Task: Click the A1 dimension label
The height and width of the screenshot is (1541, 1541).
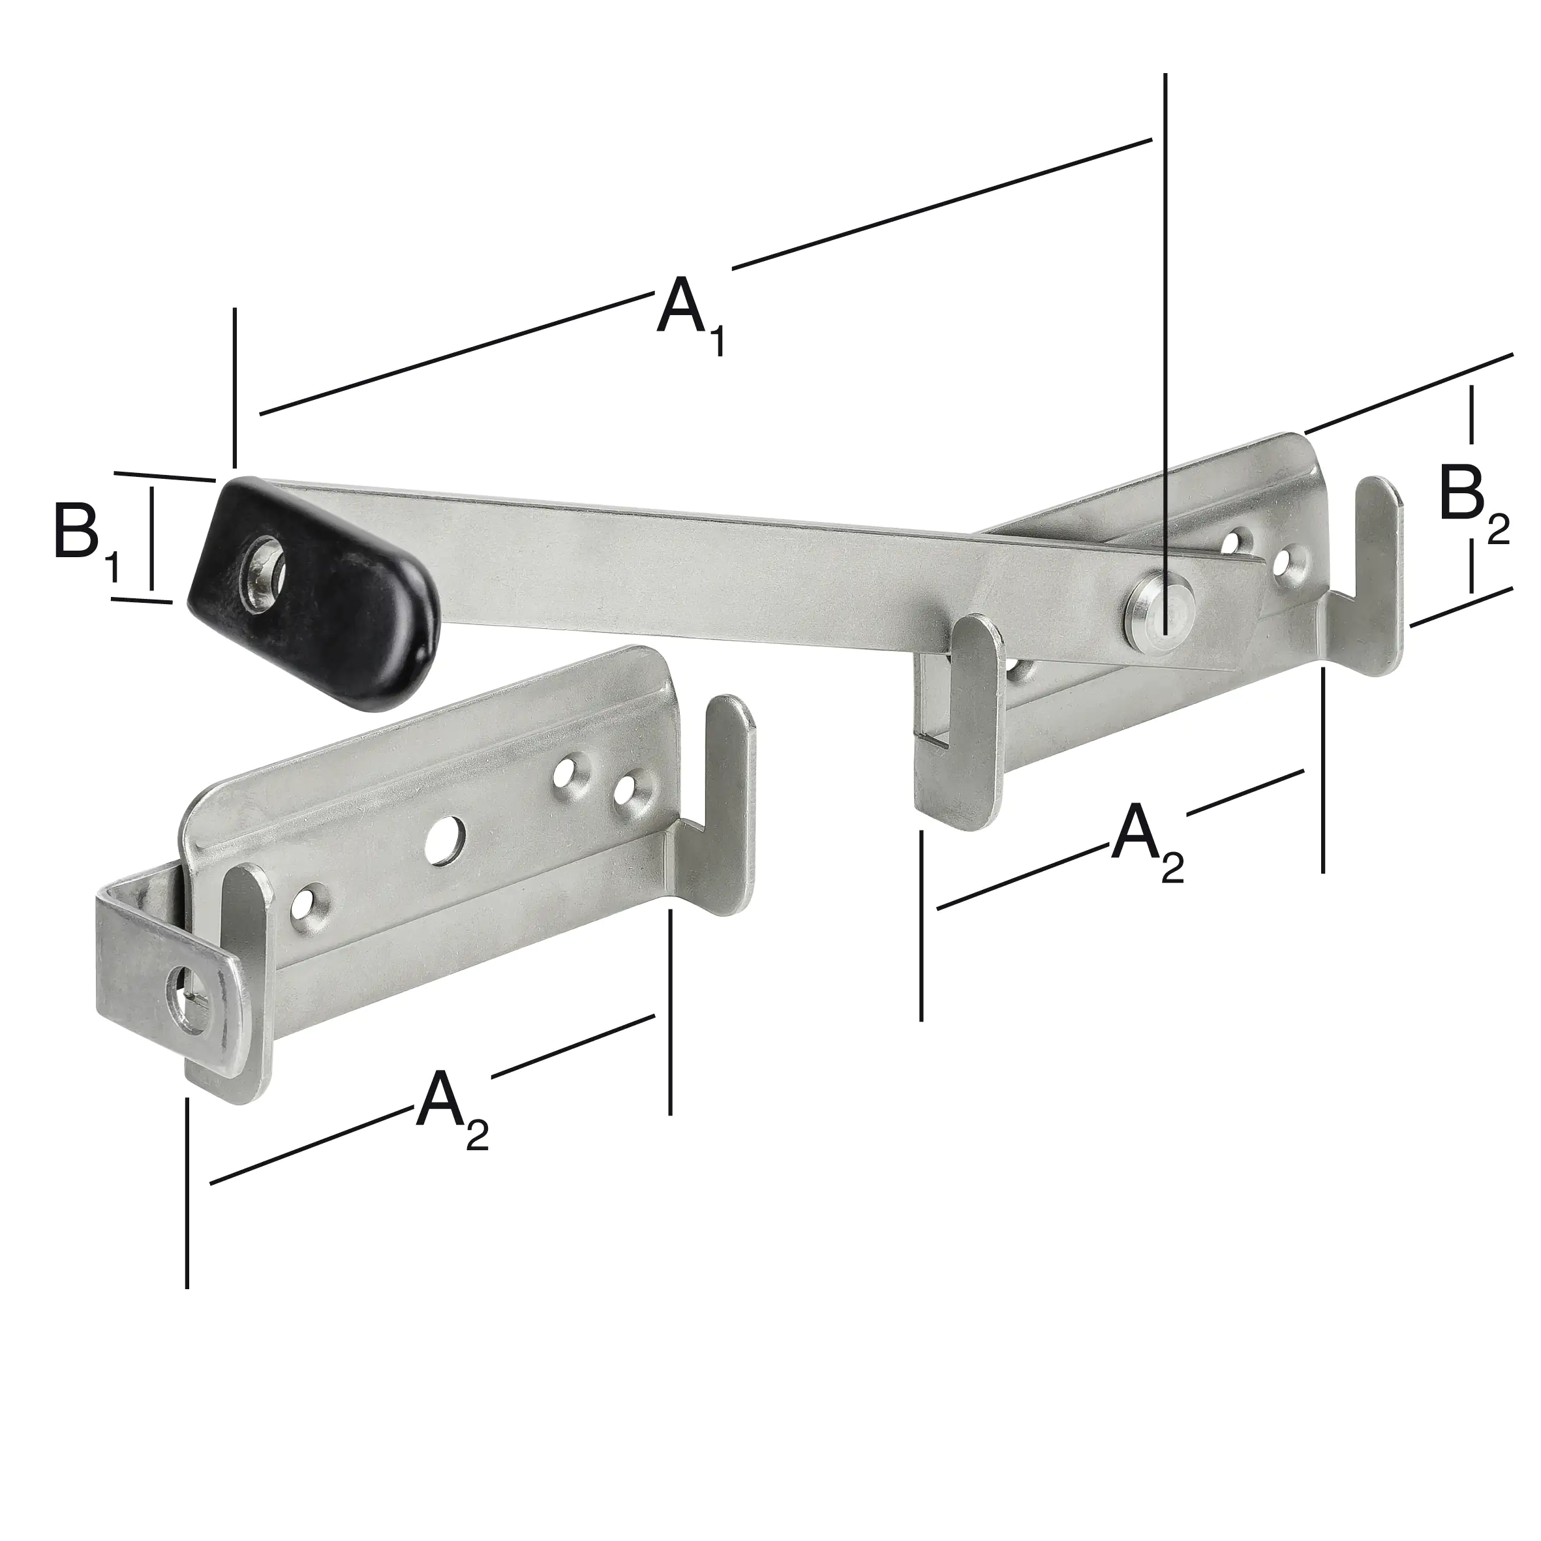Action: pos(691,314)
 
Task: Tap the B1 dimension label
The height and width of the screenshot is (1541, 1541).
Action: pos(87,537)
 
